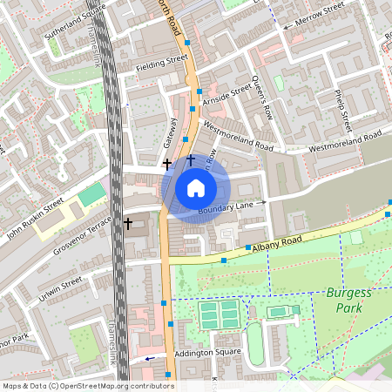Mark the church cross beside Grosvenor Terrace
[x=128, y=224]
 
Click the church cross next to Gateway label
[x=167, y=163]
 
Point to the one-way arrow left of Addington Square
[x=151, y=358]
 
